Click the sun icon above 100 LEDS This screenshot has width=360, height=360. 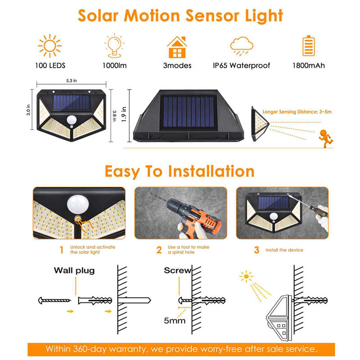coord(49,46)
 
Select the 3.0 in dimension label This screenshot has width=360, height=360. coord(28,110)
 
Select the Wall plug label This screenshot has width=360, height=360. coord(74,270)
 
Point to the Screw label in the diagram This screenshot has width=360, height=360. coord(177,270)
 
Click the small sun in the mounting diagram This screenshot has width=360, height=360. coord(246,276)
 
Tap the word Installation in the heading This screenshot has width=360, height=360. coord(211,171)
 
